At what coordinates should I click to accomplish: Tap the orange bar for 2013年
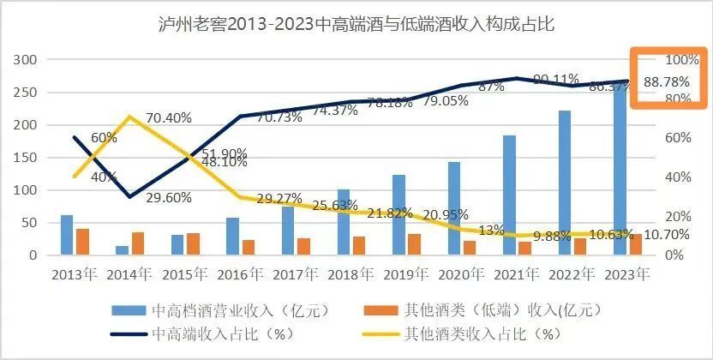click(82, 242)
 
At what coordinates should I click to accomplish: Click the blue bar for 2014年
click(122, 250)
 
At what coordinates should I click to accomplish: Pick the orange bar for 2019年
click(414, 244)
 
